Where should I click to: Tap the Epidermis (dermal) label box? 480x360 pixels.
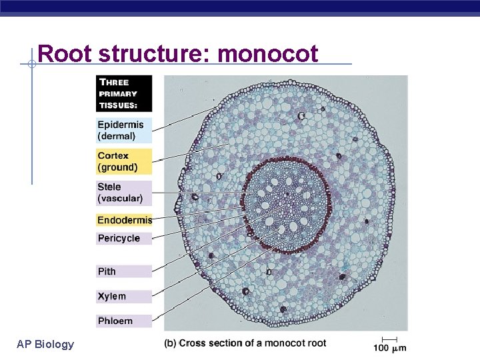[123, 130]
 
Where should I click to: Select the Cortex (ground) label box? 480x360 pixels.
[123, 161]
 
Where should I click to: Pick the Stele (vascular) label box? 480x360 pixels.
[123, 193]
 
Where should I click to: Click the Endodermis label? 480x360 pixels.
[124, 220]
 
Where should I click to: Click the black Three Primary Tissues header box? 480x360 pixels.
[123, 93]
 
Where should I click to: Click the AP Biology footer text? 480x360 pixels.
[45, 344]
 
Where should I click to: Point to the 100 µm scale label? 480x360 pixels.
[389, 347]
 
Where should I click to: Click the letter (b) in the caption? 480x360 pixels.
[171, 343]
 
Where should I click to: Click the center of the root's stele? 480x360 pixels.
[287, 203]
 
